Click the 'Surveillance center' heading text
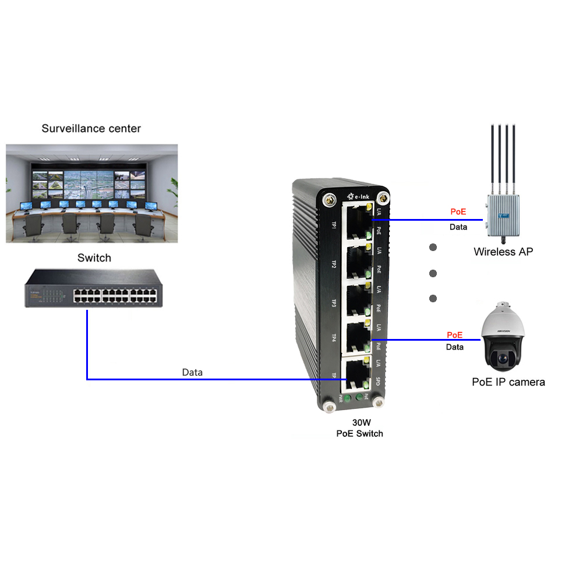(x=91, y=128)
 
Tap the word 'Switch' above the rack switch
(x=94, y=257)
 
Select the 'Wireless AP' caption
(x=503, y=252)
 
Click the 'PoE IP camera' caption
(x=508, y=382)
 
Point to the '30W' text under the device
(x=359, y=423)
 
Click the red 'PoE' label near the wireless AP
(x=458, y=212)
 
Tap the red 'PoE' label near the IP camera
(x=454, y=335)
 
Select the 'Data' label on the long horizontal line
(x=192, y=372)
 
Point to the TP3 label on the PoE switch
(x=334, y=303)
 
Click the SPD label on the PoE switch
(x=378, y=382)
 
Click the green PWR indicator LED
(x=347, y=398)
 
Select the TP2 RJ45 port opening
(x=356, y=262)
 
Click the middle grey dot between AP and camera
(x=433, y=273)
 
